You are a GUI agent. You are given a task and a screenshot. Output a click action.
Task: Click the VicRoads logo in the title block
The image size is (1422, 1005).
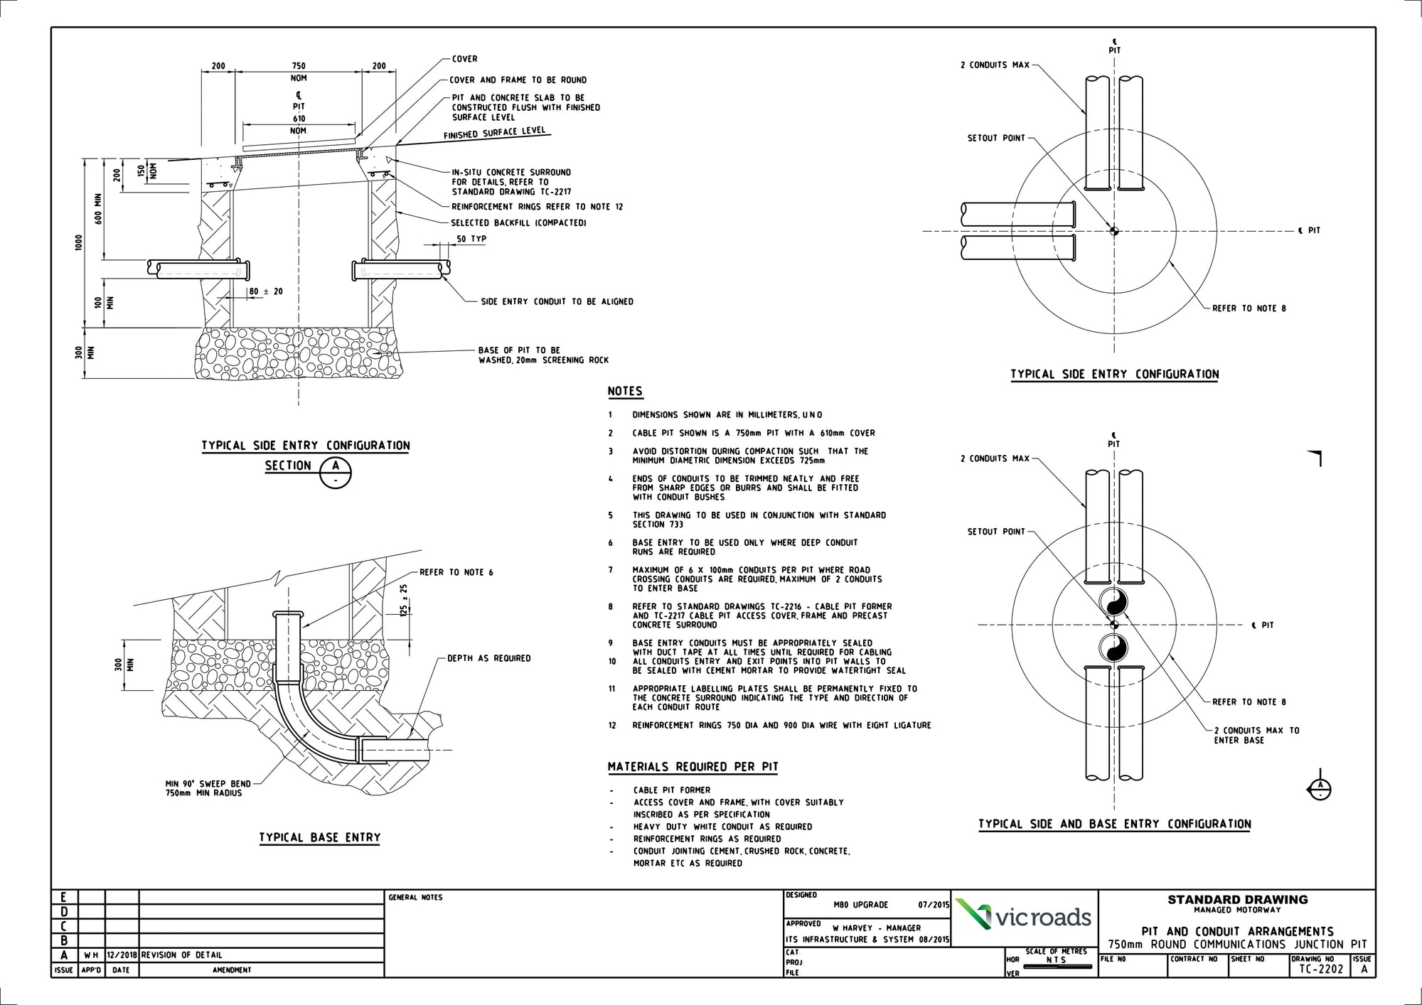coord(1024,917)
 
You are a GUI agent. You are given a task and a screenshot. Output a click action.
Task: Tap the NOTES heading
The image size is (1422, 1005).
coord(625,392)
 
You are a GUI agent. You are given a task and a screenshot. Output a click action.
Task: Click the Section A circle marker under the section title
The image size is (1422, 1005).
coord(336,473)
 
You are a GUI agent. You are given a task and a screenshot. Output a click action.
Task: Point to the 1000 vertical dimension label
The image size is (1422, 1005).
coord(79,242)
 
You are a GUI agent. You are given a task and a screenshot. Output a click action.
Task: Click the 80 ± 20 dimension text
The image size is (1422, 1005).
coord(265,291)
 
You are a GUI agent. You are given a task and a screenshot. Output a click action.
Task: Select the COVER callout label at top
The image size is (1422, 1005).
coord(465,59)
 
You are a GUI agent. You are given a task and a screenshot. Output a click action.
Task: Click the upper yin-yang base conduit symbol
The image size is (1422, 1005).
coord(1114,603)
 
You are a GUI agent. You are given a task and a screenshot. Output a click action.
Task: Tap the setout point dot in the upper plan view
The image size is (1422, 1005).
coord(1114,230)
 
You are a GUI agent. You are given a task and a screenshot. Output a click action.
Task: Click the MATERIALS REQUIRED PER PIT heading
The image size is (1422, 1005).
coord(693,767)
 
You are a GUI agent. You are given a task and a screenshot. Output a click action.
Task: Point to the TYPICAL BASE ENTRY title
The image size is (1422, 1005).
coord(319,838)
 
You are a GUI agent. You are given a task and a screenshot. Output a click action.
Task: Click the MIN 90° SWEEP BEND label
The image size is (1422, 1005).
coord(208,784)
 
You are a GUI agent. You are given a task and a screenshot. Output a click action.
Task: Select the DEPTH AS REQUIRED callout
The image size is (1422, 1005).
coord(489,658)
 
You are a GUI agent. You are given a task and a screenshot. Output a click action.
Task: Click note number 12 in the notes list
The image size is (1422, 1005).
coord(611,726)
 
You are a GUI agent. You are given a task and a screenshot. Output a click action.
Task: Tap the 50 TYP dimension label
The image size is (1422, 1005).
coord(471,239)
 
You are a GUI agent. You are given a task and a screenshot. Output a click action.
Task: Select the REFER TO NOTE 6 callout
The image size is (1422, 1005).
coord(456,572)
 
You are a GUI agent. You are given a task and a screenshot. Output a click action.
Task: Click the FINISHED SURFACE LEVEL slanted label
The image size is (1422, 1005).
coord(494,134)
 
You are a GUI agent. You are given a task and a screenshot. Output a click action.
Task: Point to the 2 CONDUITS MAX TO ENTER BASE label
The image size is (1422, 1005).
coord(1256,735)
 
